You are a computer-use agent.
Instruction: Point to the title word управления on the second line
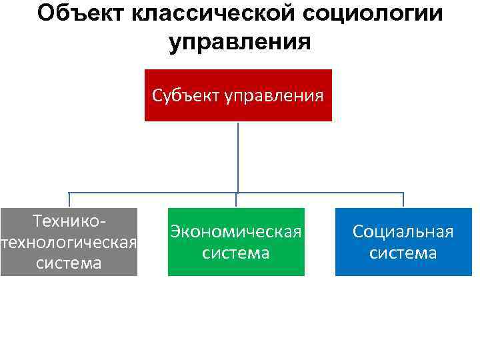click(x=240, y=41)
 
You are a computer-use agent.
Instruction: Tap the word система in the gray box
click(x=69, y=263)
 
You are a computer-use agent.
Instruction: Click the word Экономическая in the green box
click(x=236, y=231)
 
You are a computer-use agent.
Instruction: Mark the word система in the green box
click(x=236, y=253)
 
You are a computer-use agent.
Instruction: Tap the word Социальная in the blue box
click(x=403, y=231)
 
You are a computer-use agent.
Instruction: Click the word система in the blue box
click(x=403, y=253)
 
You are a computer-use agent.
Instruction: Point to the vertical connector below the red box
click(x=238, y=157)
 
